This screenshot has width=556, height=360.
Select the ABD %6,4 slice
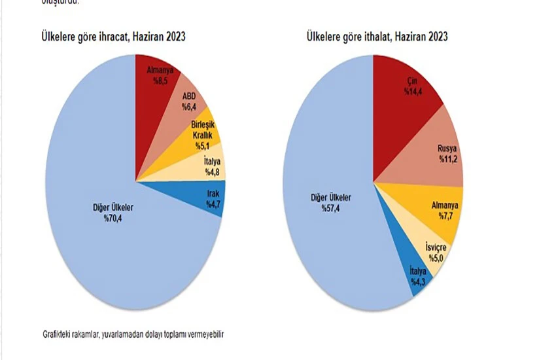[190, 105]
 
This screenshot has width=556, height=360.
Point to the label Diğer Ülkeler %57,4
[330, 202]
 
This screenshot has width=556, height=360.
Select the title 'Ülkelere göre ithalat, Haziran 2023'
[377, 37]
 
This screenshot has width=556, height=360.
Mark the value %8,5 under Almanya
[161, 81]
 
